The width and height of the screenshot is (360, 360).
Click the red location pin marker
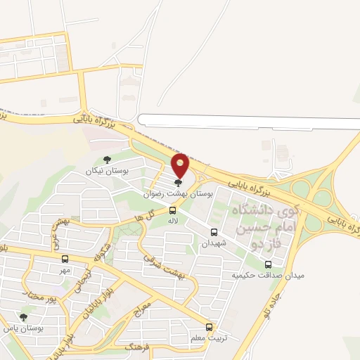click(181, 165)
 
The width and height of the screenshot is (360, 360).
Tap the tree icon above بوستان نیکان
click(107, 160)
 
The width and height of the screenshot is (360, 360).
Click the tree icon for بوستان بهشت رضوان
click(177, 183)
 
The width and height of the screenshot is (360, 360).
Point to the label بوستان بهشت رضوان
click(179, 193)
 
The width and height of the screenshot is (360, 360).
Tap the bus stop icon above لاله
click(173, 210)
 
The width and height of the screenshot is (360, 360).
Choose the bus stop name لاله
click(172, 221)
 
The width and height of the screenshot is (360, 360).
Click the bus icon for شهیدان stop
click(214, 233)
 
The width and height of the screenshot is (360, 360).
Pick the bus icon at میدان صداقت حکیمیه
click(268, 264)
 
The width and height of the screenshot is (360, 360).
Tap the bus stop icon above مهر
click(65, 259)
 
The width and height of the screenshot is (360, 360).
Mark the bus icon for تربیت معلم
click(209, 327)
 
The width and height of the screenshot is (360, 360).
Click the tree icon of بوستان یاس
click(24, 318)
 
